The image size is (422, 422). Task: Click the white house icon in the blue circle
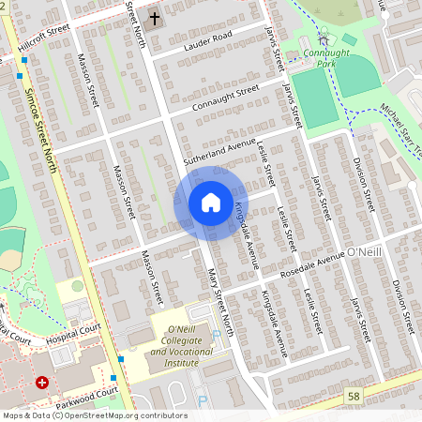pyautogui.click(x=210, y=203)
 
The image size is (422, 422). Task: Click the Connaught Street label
pyautogui.click(x=225, y=97)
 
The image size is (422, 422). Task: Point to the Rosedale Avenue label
pyautogui.click(x=312, y=264)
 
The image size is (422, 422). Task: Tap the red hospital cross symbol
pyautogui.click(x=41, y=383)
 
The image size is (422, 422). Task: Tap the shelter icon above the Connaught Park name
pyautogui.click(x=324, y=38)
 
